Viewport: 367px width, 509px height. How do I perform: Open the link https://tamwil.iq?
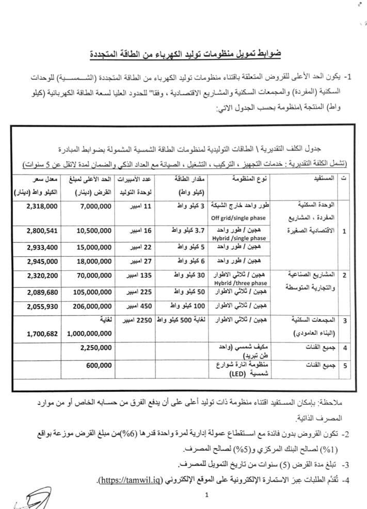[x=133, y=480]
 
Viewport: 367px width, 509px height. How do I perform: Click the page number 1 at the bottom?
[x=205, y=496]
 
